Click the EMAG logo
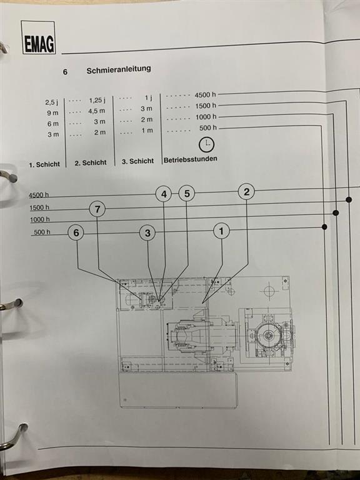pos(39,37)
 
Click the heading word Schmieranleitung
pos(119,69)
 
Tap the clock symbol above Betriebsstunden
pos(207,145)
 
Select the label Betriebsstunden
pos(191,159)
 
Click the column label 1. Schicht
pos(44,164)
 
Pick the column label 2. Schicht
pos(91,162)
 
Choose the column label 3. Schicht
pos(137,161)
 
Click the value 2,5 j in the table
pos(52,102)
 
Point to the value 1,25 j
pos(97,101)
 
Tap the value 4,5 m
pos(97,111)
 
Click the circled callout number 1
pos(221,231)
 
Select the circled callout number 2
pos(246,192)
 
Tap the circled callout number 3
pos(147,233)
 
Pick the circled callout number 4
pos(164,194)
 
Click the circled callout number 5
pos(187,194)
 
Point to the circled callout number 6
pos(76,233)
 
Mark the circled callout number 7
pos(97,209)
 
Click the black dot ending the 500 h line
pos(324,227)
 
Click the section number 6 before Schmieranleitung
pos(65,72)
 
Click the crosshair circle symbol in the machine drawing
pos(269,291)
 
